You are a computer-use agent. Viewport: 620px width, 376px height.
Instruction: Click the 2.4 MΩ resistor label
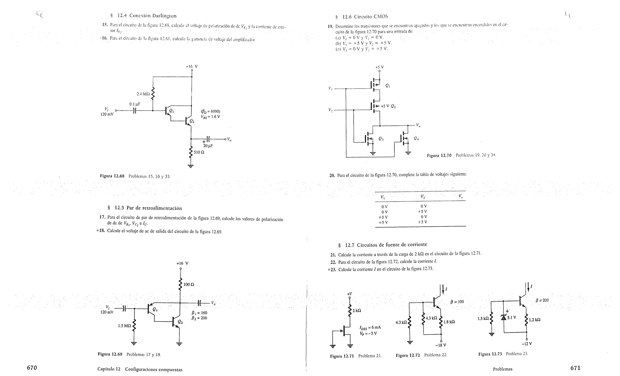pos(143,94)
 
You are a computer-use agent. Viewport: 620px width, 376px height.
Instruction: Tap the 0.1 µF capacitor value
pos(135,104)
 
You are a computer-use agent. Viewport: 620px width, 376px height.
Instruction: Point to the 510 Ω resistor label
pos(199,152)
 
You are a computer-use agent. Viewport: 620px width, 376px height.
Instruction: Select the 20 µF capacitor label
pos(208,146)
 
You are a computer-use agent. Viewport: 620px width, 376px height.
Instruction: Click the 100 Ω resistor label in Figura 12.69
pos(189,284)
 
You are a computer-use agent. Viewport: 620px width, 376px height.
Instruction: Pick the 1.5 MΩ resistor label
pos(124,326)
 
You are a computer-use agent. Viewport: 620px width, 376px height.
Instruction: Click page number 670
pos(32,368)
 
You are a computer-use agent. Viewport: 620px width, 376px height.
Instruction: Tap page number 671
pos(575,368)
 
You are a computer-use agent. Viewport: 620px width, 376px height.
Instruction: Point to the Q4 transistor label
pos(416,138)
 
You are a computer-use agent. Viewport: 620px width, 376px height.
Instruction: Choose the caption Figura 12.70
pos(439,155)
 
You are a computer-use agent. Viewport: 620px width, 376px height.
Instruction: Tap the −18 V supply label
pos(440,345)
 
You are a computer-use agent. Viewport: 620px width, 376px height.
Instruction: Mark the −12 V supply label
pos(527,344)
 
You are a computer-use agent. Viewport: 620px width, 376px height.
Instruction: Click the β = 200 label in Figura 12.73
pos(542,300)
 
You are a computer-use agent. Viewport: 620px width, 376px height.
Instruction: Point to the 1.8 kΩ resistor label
pos(449,322)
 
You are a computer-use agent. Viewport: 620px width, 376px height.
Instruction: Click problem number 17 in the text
pos(102,217)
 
